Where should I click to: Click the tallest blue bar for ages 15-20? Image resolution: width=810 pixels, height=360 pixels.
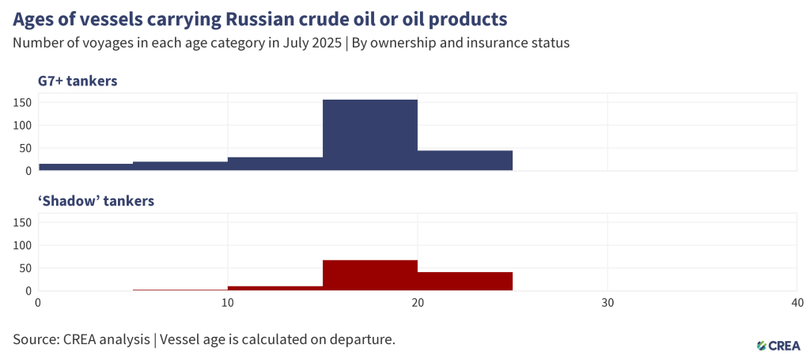pos(370,135)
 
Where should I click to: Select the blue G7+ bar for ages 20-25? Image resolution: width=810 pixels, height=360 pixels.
pos(465,161)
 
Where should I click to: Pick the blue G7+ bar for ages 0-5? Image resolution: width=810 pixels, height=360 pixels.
pos(85,167)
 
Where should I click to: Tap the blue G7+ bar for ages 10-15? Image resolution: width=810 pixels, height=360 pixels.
pos(275,164)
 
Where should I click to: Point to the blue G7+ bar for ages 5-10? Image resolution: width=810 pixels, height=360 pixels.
pos(180,166)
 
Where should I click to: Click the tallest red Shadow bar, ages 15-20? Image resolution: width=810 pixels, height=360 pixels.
pos(370,275)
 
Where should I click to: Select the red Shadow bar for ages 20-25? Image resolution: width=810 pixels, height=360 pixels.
pos(465,282)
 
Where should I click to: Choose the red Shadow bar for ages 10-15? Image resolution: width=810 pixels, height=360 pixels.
pos(275,289)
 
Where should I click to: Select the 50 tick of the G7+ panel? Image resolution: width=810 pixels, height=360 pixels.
pos(25,148)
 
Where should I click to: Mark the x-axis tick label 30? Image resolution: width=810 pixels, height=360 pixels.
pos(607,302)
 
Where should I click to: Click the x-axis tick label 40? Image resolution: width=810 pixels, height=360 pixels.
pos(797,302)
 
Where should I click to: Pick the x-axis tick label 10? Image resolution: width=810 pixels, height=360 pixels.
pos(228,302)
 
